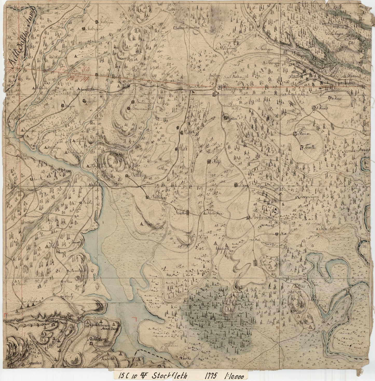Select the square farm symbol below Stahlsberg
point(91,344)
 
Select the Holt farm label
point(183,149)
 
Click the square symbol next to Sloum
point(295,134)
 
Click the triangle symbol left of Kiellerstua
point(202,214)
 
